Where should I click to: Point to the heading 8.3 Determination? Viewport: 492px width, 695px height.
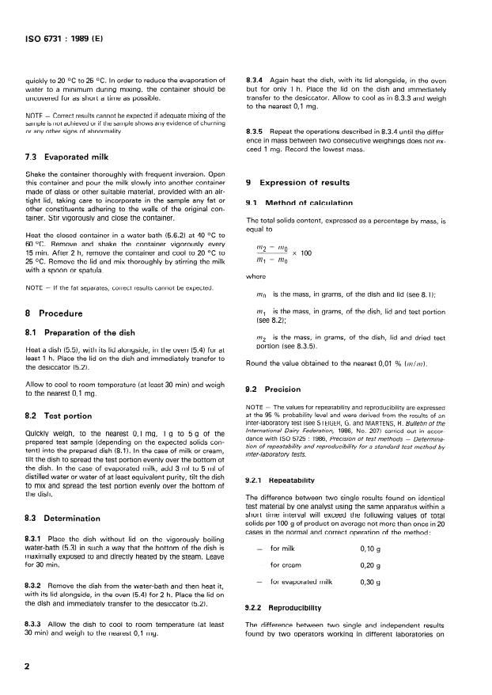[66, 518]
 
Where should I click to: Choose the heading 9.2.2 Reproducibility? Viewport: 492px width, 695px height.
[285, 607]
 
